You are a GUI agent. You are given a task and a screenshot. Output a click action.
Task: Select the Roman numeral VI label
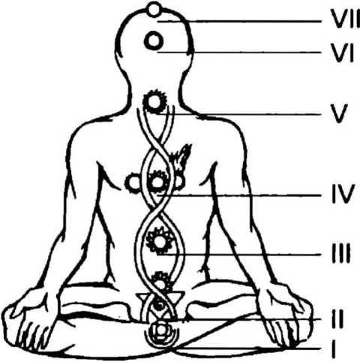[x=342, y=53]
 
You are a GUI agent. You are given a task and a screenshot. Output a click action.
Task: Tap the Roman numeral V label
[x=339, y=114]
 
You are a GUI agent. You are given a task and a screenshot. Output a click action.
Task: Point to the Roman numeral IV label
[x=343, y=194]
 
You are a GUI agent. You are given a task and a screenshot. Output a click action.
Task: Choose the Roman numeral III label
[x=341, y=254]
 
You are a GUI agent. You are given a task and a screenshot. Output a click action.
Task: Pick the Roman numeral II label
[x=338, y=318]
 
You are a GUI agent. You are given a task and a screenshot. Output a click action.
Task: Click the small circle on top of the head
[x=154, y=10]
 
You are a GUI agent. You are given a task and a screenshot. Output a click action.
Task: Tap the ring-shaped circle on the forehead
[x=153, y=41]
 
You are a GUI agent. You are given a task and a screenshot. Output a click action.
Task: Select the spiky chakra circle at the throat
[x=154, y=101]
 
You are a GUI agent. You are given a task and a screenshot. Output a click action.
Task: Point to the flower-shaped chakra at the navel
[x=160, y=241]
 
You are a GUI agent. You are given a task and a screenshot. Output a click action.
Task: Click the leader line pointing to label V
[x=241, y=114]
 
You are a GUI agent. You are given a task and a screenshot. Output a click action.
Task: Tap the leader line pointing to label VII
[x=239, y=22]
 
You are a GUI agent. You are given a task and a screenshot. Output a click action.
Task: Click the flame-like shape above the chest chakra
[x=181, y=156]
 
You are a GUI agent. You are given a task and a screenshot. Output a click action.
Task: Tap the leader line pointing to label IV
[x=239, y=195]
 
